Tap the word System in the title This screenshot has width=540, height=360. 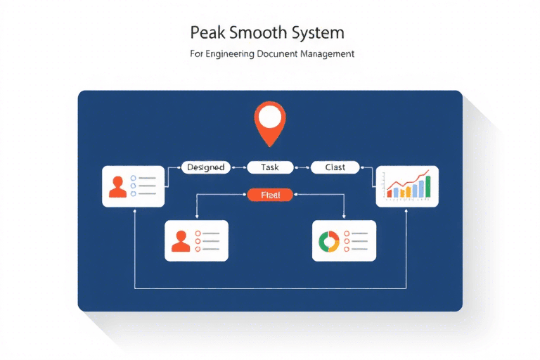(319, 33)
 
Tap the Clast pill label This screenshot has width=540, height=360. (335, 167)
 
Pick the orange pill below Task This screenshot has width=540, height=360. (270, 195)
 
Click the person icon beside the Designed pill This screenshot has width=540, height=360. (119, 186)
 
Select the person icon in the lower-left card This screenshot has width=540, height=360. (181, 240)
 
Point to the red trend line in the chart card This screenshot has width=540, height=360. (408, 181)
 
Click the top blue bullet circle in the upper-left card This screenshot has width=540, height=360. (134, 178)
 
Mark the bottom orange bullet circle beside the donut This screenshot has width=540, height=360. (345, 250)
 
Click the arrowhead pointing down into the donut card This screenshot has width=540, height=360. (344, 218)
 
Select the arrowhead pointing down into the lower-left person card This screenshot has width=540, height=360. (196, 218)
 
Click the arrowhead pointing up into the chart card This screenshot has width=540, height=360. (406, 210)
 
